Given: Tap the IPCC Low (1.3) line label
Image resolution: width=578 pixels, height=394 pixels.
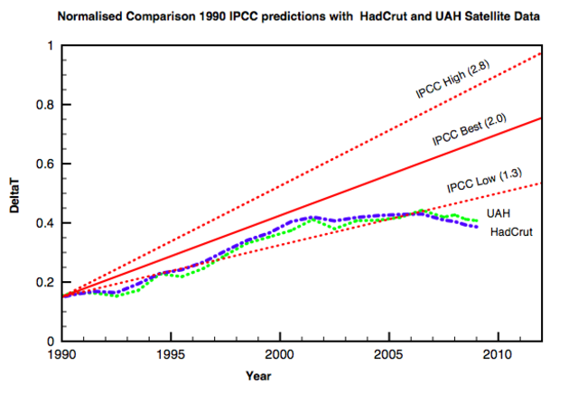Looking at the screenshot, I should click(485, 181).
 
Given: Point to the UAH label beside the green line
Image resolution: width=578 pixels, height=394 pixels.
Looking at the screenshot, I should click(498, 213).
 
